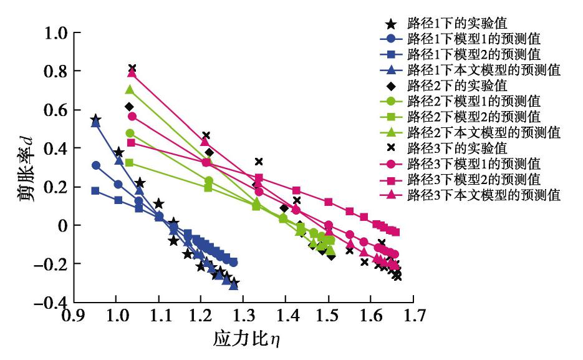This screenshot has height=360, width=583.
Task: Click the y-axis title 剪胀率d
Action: point(24,167)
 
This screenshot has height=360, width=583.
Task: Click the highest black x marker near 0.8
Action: point(132,68)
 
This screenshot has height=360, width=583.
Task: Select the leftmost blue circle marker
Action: point(96,165)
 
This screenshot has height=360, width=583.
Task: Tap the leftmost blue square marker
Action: point(95,191)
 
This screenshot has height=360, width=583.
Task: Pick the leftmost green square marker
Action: point(130,162)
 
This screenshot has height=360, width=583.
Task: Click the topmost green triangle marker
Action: point(130,90)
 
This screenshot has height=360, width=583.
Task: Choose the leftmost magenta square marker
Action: point(132,142)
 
